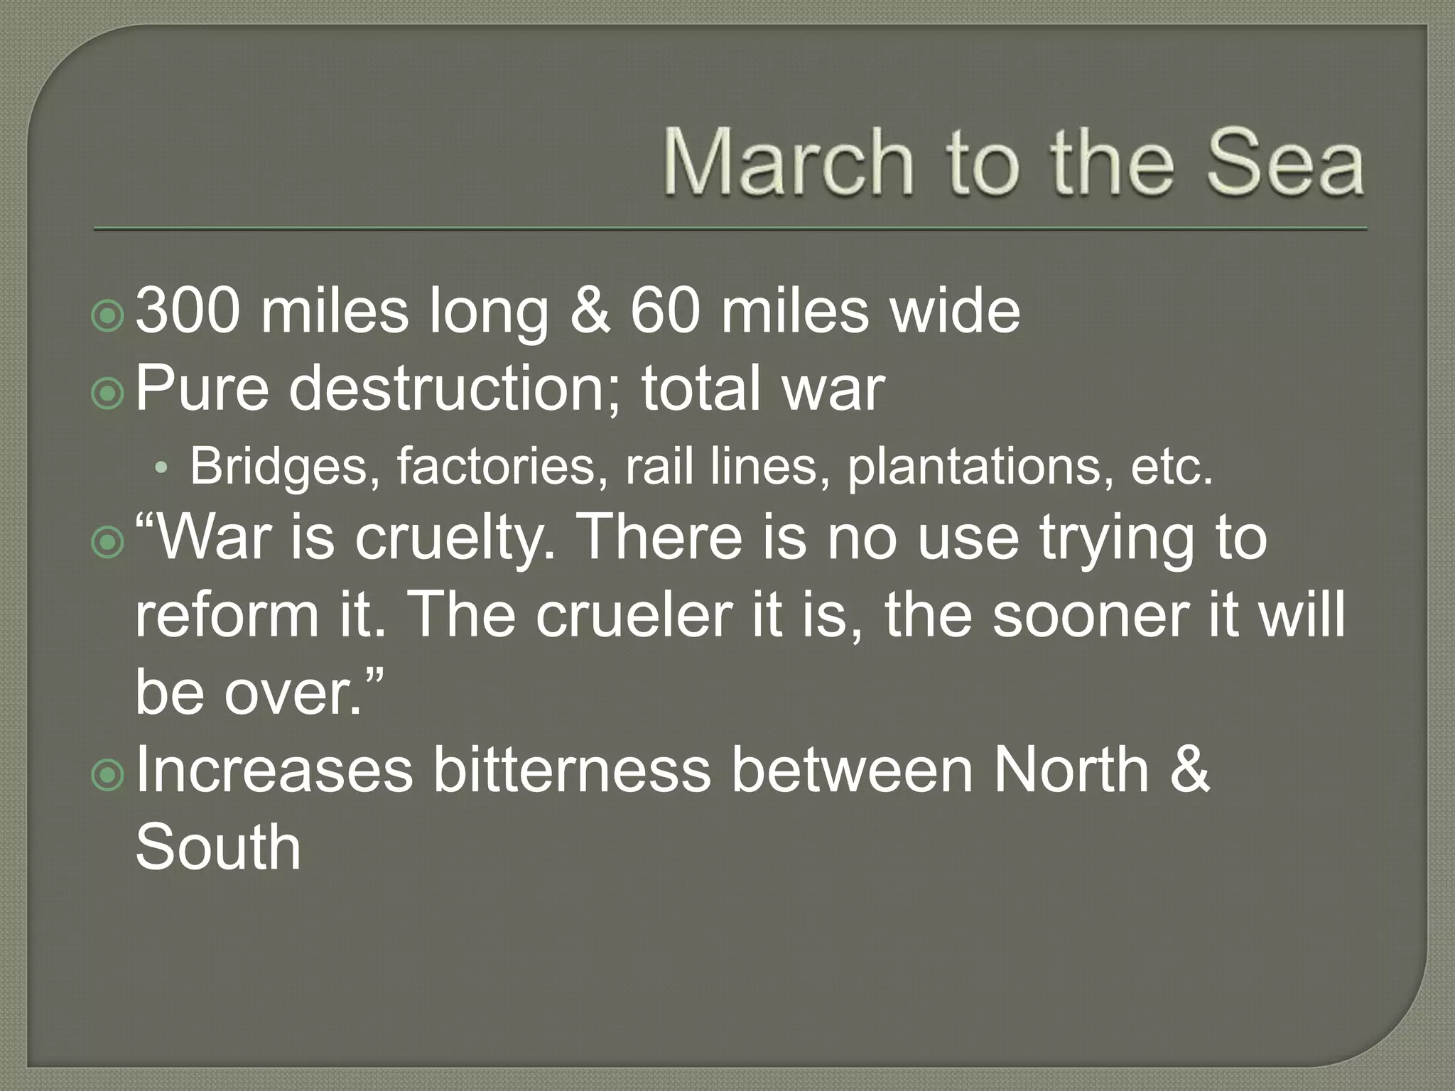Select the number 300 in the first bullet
[188, 311]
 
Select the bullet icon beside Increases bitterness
[108, 776]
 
